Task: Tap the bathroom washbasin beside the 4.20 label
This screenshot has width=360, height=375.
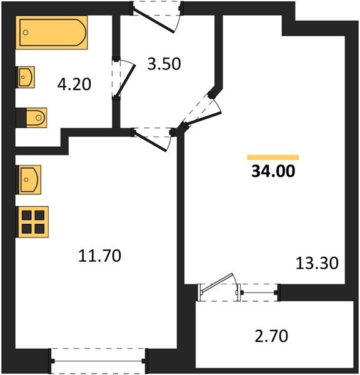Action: tap(27, 78)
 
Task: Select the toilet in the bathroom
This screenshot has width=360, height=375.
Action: tap(31, 117)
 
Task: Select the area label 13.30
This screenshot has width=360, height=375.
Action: tap(316, 263)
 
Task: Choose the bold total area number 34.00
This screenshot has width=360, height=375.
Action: tap(273, 171)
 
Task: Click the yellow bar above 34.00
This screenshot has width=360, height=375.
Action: tap(273, 157)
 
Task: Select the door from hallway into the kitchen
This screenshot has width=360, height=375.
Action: tap(154, 138)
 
